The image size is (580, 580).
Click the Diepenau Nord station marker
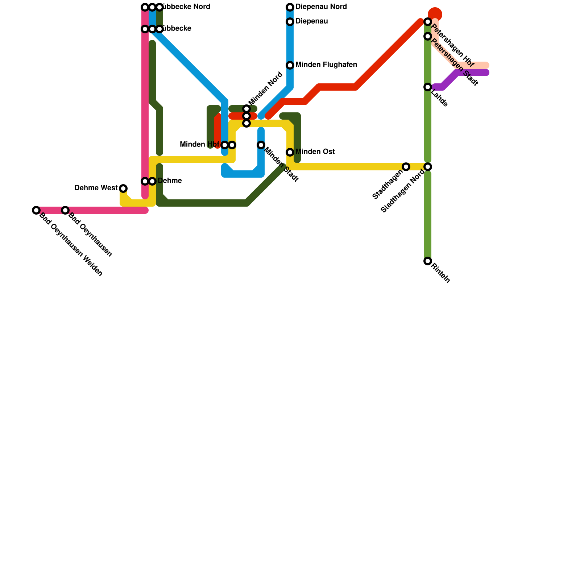(x=290, y=7)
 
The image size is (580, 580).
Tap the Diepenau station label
(x=311, y=22)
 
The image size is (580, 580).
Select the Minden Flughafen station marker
(x=290, y=65)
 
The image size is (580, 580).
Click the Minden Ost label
(x=315, y=152)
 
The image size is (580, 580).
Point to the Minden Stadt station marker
(x=261, y=145)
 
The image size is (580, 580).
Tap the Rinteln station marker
(x=428, y=261)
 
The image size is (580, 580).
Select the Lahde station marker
(x=428, y=87)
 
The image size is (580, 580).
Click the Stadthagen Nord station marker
(x=428, y=167)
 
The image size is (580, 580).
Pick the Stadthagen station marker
(x=406, y=167)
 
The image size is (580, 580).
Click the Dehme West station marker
(x=123, y=188)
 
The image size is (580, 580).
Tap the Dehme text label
(x=170, y=181)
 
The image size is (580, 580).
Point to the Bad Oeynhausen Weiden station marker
(x=36, y=210)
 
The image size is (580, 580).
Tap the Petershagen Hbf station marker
(x=428, y=22)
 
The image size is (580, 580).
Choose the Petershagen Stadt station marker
(x=428, y=36)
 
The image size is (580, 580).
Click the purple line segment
(x=471, y=72)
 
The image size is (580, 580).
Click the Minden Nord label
(x=265, y=89)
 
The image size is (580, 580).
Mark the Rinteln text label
(x=441, y=273)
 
